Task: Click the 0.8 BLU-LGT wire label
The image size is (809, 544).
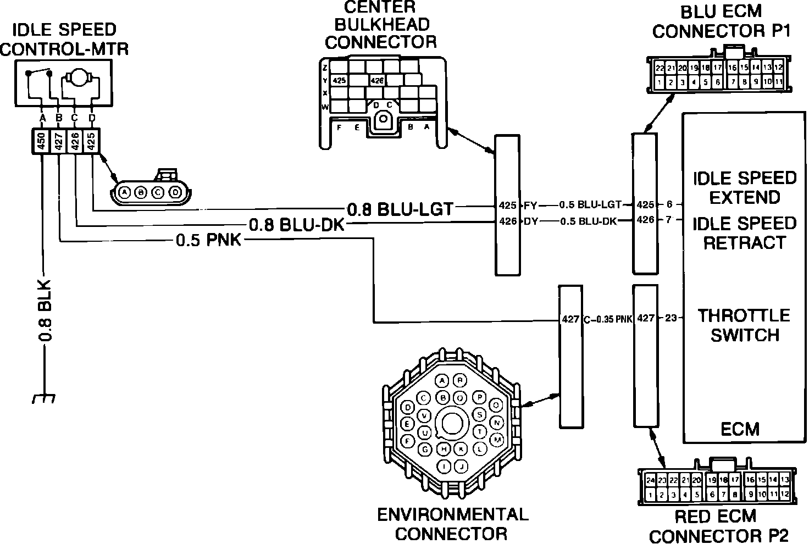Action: pyautogui.click(x=400, y=209)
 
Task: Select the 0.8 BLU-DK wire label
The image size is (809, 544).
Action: pyautogui.click(x=297, y=225)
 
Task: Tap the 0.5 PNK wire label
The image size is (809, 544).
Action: pyautogui.click(x=208, y=240)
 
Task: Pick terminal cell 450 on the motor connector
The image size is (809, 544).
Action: pyautogui.click(x=41, y=142)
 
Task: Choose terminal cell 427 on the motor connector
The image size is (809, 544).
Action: pyautogui.click(x=58, y=142)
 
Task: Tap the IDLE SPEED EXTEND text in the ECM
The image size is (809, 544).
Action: pyautogui.click(x=744, y=187)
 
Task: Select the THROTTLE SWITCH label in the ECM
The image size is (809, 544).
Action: pyautogui.click(x=744, y=325)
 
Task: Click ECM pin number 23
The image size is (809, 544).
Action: pyautogui.click(x=671, y=318)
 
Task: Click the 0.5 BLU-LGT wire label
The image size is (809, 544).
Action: pyautogui.click(x=590, y=205)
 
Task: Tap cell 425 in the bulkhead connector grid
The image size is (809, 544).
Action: pyautogui.click(x=340, y=80)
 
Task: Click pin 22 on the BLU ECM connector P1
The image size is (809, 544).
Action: pyautogui.click(x=660, y=69)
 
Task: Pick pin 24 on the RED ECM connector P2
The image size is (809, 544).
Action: pyautogui.click(x=651, y=480)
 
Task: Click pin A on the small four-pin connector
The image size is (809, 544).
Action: pyautogui.click(x=125, y=192)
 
